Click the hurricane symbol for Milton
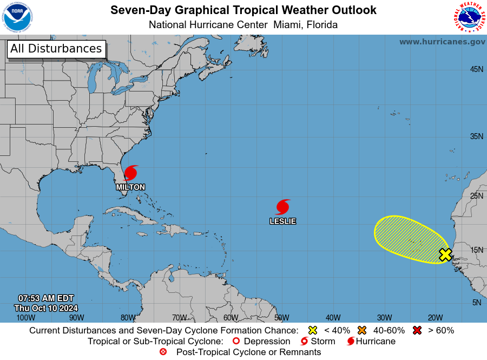coord(131,173)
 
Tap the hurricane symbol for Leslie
coord(282,207)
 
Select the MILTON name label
coord(130,187)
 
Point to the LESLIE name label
coord(282,221)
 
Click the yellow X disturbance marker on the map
coord(445,254)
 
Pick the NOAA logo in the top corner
coord(17,17)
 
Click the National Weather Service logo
coord(468,17)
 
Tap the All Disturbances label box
coord(56,49)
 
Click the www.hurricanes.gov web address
coord(442,42)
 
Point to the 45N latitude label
coord(476,69)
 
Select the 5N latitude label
coord(476,303)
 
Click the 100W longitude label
coord(25,318)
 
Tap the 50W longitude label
coord(281,318)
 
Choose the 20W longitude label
coord(435,318)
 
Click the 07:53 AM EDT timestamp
coord(46,298)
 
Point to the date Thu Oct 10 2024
coord(46,307)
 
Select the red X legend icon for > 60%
coord(417,330)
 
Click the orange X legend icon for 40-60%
coord(362,330)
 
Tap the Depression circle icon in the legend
coord(235,342)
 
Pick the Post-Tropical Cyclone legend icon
coord(163,352)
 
